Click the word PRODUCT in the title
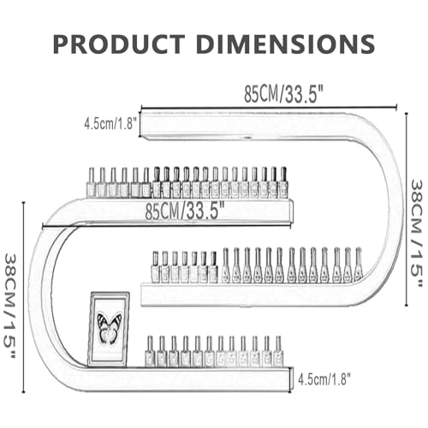119,44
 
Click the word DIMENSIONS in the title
285,44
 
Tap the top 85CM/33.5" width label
283,94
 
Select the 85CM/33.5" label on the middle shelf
185,211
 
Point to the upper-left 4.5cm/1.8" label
110,124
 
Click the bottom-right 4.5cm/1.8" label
324,379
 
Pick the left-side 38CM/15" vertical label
10,307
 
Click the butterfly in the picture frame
109,328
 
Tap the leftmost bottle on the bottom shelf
150,352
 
